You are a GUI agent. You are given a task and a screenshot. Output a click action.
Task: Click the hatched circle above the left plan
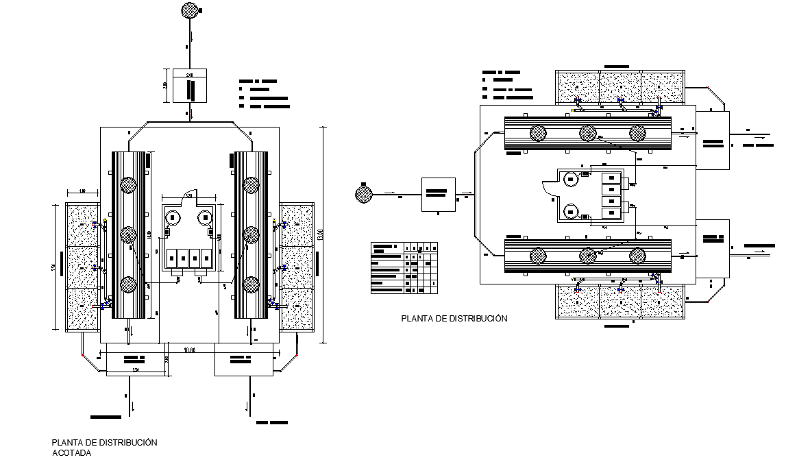click(189, 10)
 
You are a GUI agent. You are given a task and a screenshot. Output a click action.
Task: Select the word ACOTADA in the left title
click(71, 453)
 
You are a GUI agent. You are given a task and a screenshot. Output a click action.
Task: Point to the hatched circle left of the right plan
click(363, 195)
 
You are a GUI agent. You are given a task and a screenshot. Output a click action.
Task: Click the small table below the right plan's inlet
click(404, 268)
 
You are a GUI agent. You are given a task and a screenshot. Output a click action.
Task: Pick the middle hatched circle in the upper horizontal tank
click(587, 132)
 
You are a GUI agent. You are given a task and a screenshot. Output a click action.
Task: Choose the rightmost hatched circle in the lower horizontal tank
click(637, 256)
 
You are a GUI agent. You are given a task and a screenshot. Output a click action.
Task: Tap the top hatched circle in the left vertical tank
click(129, 184)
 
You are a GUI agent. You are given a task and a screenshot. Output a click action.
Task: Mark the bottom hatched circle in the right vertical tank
click(251, 284)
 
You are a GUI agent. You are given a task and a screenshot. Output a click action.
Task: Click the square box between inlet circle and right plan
click(439, 194)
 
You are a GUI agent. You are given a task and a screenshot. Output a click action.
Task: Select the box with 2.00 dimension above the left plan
click(189, 86)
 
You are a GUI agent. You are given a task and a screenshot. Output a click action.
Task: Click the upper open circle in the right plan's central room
click(569, 180)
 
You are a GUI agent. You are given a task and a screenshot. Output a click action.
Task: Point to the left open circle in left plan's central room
click(173, 219)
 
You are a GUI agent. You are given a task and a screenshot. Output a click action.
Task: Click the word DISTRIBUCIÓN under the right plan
click(474, 319)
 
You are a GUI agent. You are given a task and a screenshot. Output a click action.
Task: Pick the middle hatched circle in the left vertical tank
click(129, 234)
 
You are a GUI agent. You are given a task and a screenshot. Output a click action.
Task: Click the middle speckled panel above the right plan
click(619, 87)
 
